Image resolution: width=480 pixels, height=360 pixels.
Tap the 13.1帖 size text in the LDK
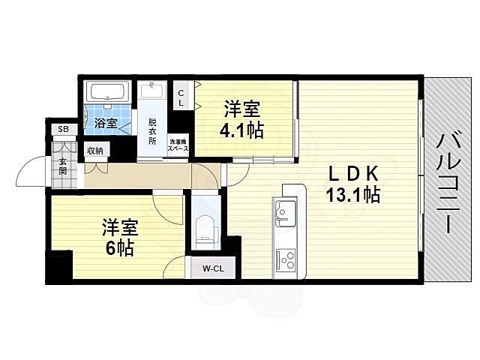click(353, 196)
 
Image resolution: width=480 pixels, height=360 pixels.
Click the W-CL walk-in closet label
click(212, 268)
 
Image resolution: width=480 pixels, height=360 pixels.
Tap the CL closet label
click(181, 97)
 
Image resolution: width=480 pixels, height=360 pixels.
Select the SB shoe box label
click(64, 130)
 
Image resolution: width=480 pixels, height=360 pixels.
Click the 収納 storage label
click(94, 151)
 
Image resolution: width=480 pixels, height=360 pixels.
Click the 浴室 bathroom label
click(105, 124)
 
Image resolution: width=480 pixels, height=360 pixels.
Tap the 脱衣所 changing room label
click(153, 131)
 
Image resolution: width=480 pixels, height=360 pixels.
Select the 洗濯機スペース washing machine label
click(178, 145)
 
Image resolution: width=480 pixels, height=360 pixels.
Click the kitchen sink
click(286, 213)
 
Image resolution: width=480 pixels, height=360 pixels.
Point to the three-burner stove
click(286, 260)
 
